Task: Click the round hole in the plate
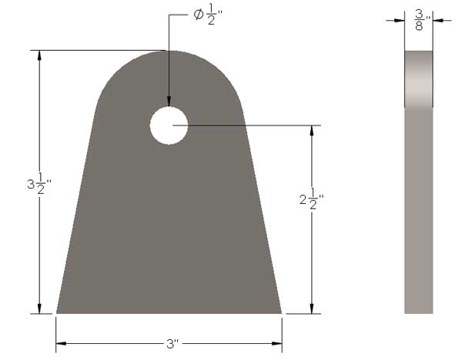click(169, 125)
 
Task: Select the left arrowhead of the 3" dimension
click(60, 342)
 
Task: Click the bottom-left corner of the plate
click(57, 313)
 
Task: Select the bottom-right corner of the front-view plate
click(281, 313)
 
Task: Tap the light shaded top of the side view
click(418, 77)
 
